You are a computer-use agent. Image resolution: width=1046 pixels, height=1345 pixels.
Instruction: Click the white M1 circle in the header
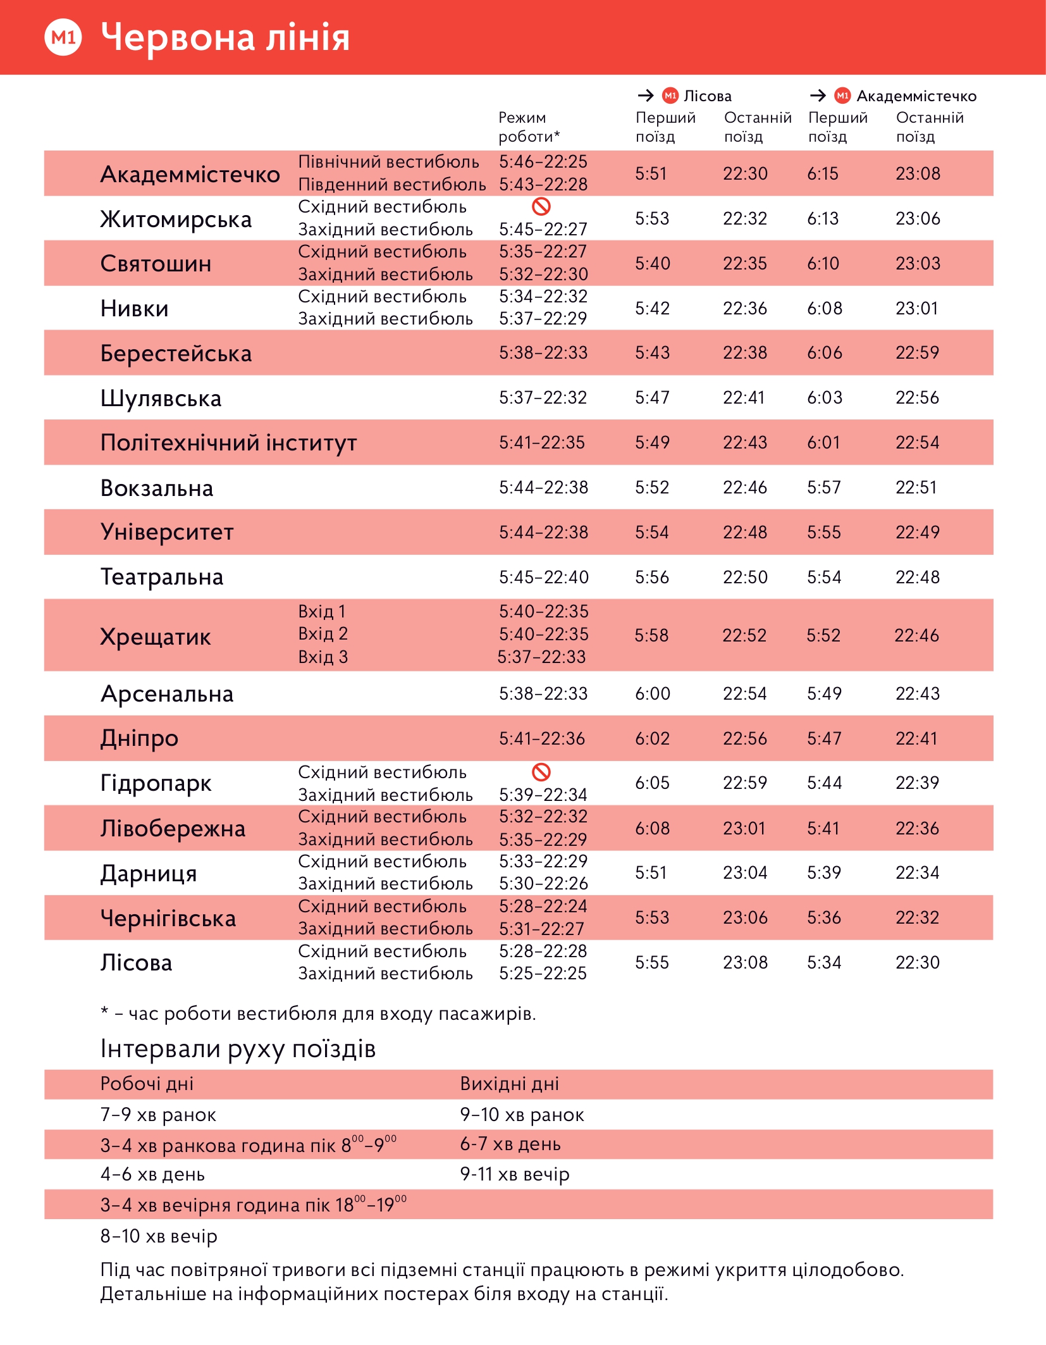[63, 37]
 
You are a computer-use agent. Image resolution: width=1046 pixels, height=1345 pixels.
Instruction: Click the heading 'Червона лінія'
[225, 37]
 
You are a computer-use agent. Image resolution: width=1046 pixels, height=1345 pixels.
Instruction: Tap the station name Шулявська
[161, 399]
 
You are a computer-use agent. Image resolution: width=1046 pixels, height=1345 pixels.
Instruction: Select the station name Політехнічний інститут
[228, 443]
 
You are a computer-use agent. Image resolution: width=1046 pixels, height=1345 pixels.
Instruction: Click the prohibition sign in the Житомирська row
[541, 206]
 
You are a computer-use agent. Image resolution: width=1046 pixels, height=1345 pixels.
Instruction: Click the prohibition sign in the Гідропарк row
[541, 772]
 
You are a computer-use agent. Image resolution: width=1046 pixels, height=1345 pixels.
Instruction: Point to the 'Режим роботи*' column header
[529, 127]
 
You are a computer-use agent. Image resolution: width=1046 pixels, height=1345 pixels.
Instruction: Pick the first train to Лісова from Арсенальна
[652, 694]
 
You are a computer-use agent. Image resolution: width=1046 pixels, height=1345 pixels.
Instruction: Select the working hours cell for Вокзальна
[543, 488]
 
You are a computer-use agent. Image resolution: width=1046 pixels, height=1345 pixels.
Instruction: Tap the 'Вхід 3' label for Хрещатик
[323, 657]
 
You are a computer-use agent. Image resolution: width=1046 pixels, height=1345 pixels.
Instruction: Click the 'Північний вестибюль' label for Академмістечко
[388, 162]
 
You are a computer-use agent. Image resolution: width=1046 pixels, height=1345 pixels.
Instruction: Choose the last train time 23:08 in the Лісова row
[745, 963]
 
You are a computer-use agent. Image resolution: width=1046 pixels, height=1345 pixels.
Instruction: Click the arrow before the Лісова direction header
[646, 96]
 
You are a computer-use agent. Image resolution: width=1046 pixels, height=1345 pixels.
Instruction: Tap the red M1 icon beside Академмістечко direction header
[842, 96]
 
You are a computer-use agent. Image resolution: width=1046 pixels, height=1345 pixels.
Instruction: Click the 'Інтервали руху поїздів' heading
[238, 1049]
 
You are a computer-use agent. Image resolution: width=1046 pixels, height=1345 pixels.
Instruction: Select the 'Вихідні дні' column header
[509, 1084]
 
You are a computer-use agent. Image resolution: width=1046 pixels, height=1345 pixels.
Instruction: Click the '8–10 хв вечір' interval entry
[159, 1236]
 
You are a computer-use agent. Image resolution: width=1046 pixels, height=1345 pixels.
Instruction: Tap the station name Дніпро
[139, 739]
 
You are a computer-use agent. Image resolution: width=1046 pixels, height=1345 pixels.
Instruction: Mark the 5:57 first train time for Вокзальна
[823, 488]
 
